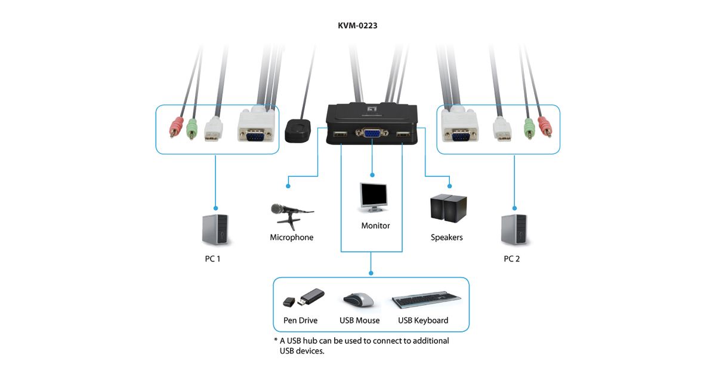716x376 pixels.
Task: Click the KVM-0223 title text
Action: [357, 26]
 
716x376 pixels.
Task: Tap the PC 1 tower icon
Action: [215, 230]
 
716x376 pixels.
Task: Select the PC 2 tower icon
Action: [514, 230]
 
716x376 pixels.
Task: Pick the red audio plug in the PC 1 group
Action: [176, 127]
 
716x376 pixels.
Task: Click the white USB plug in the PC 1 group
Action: [213, 129]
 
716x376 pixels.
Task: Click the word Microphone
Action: [291, 238]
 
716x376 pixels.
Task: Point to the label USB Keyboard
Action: [423, 320]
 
